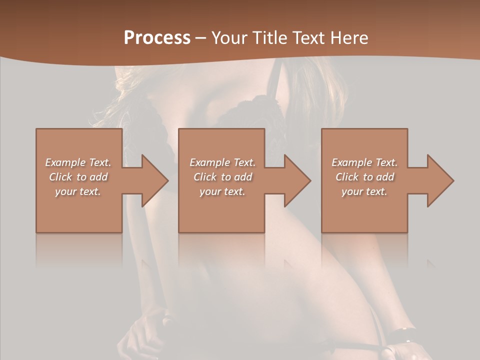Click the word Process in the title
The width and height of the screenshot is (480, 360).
[157, 38]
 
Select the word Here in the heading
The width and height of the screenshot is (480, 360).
[349, 38]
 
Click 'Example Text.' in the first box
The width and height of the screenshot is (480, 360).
[78, 162]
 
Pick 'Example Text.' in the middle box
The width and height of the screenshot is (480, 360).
[222, 162]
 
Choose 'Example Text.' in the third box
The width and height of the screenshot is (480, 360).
[364, 162]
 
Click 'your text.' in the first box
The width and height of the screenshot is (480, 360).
[78, 191]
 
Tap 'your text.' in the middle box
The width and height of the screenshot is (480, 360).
[222, 191]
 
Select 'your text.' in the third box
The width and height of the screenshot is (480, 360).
[364, 191]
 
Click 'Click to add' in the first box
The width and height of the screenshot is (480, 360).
[78, 177]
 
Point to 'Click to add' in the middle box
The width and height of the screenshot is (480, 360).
[222, 177]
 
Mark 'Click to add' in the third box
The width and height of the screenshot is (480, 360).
[364, 177]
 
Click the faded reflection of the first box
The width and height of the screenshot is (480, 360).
[79, 250]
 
